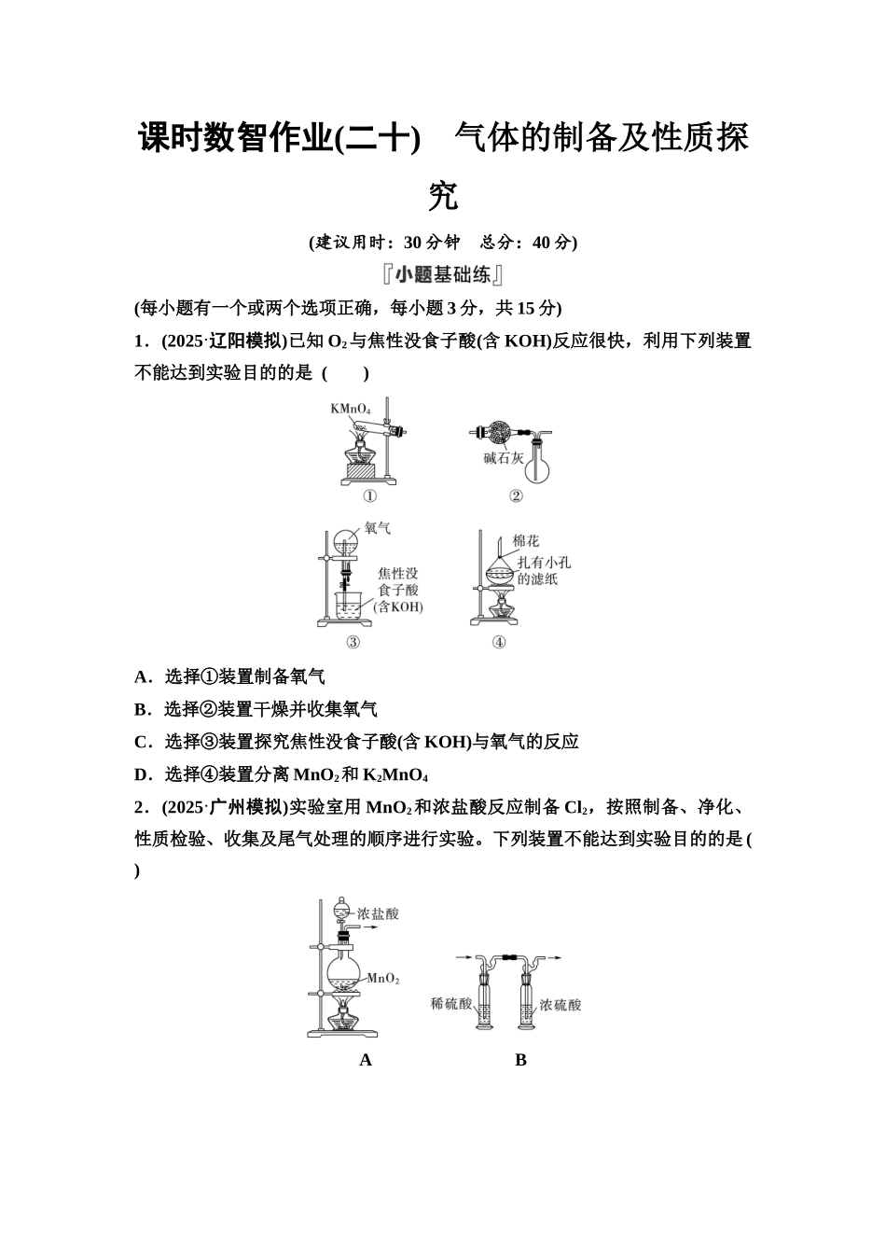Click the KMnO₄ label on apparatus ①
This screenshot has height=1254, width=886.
[x=351, y=409]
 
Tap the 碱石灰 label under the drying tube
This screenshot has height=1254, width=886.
[x=503, y=458]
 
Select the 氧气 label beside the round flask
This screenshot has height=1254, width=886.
[x=377, y=529]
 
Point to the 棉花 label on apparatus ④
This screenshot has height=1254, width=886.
[x=525, y=541]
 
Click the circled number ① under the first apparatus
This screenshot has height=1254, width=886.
[x=369, y=496]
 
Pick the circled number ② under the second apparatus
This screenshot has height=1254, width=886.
[x=516, y=496]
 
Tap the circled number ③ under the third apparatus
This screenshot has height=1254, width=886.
[x=353, y=642]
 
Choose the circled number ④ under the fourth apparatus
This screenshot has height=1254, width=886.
[x=499, y=642]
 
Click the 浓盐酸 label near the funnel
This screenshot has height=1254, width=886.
[x=378, y=913]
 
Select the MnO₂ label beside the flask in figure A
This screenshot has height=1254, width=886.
[x=382, y=979]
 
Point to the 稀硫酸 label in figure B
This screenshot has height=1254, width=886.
[x=450, y=1004]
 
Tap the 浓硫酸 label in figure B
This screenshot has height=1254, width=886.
[x=560, y=1005]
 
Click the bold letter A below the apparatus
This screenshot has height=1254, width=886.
[x=366, y=1060]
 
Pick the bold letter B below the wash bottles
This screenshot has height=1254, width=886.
[x=520, y=1060]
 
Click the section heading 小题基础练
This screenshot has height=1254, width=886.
[x=442, y=275]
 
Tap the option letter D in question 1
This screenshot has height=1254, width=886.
[x=142, y=774]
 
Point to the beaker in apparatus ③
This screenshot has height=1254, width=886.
[x=349, y=608]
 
